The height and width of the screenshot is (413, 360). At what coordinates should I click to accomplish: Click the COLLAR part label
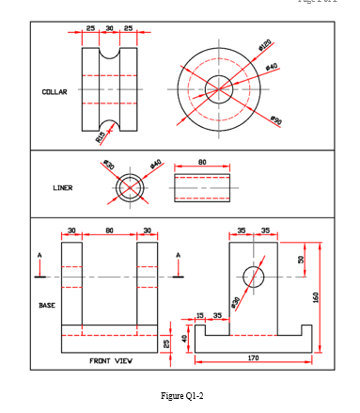54,92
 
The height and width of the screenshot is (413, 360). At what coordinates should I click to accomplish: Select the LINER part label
62,187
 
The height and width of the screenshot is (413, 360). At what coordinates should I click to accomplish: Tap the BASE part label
47,305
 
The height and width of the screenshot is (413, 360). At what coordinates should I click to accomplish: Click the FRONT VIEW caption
111,360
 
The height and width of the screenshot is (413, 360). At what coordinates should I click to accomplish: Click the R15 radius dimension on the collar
99,137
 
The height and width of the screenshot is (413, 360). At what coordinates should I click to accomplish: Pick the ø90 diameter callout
275,120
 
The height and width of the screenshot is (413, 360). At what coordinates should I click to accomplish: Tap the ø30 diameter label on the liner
109,166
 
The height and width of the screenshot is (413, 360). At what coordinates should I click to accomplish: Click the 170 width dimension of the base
254,357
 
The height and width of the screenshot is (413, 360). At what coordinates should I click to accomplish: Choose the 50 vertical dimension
301,260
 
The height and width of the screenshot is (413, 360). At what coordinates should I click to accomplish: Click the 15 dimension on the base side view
199,314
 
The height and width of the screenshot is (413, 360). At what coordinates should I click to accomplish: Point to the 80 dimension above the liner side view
202,162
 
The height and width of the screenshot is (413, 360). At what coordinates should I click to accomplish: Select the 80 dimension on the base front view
109,230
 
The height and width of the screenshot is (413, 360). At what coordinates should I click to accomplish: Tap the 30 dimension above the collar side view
109,28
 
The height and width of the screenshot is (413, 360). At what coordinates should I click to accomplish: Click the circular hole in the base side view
254,277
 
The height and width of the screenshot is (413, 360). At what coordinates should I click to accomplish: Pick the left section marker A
39,255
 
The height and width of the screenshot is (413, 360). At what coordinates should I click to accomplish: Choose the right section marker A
179,255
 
